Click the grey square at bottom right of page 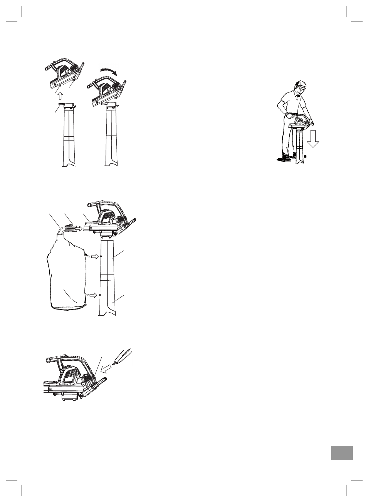pyautogui.click(x=341, y=452)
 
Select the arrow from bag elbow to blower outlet pyautogui.click(x=78, y=229)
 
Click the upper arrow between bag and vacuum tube pyautogui.click(x=94, y=256)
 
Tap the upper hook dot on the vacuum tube pyautogui.click(x=101, y=256)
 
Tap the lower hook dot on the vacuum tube pyautogui.click(x=100, y=295)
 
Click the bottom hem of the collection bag pyautogui.click(x=69, y=308)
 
